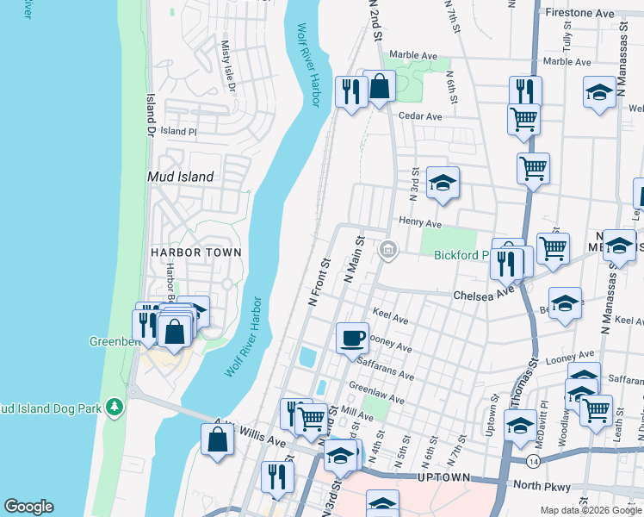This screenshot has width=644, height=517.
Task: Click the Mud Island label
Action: click(x=181, y=177)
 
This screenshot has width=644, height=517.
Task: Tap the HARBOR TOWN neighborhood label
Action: click(x=195, y=252)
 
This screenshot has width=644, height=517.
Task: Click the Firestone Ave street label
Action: click(x=580, y=14)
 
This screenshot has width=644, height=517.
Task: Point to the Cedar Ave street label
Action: click(x=420, y=116)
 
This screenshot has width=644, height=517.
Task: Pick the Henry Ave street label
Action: click(x=419, y=224)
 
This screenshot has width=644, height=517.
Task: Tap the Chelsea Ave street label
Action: click(x=483, y=294)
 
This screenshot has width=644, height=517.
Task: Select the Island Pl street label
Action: click(x=178, y=132)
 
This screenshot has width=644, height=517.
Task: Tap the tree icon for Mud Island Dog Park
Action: click(x=113, y=406)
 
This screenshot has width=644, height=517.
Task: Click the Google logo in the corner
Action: click(x=28, y=507)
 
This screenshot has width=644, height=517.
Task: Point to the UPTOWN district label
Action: click(x=443, y=477)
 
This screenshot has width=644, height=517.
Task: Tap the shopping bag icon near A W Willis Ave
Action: click(x=218, y=439)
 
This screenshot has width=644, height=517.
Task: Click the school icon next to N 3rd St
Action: click(x=443, y=183)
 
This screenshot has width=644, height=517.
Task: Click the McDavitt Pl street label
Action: click(x=542, y=410)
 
